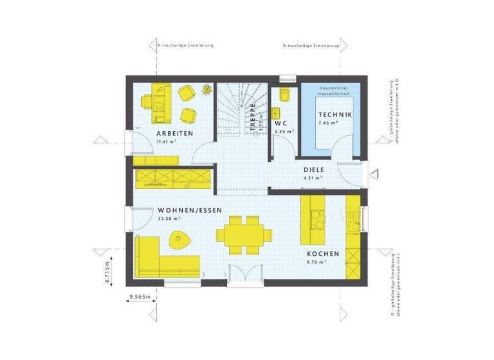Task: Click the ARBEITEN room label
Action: click(x=174, y=133)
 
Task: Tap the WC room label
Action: click(x=280, y=122)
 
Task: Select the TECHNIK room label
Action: click(x=335, y=115)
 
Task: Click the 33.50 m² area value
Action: click(x=169, y=219)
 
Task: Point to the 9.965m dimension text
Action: click(x=139, y=297)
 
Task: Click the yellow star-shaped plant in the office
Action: click(x=207, y=89)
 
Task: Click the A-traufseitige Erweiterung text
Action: click(x=186, y=46)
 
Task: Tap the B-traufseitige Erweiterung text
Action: click(x=311, y=46)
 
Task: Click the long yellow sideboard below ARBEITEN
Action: click(x=174, y=177)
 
